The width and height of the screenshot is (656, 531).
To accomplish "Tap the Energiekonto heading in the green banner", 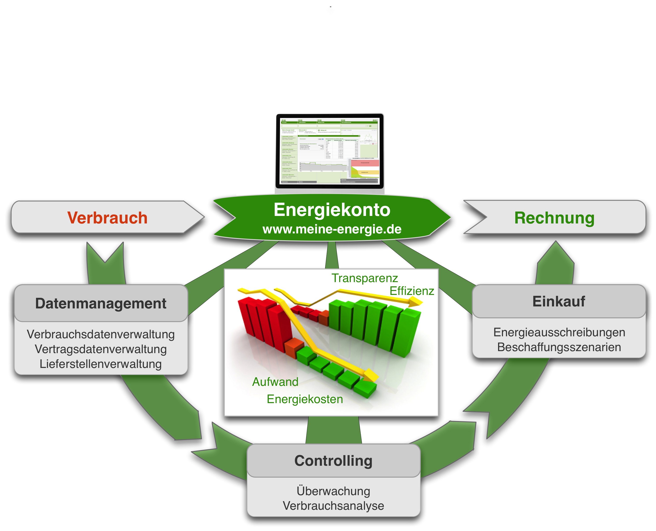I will (332, 210).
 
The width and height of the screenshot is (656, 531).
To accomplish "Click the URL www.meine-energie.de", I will (332, 229).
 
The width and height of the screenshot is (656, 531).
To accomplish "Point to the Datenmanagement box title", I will (100, 303).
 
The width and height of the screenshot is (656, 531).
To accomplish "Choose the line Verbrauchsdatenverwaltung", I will (100, 334).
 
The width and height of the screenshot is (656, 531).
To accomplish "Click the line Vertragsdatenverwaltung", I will (100, 349).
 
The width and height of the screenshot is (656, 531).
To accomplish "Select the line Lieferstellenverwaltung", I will (100, 364).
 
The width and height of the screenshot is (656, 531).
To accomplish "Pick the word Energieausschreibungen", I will (559, 333).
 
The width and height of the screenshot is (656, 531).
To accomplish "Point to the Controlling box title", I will (333, 461).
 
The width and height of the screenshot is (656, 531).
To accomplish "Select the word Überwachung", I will (333, 491).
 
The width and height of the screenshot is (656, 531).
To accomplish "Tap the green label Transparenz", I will (365, 278).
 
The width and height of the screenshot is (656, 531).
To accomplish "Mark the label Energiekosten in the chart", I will (305, 399).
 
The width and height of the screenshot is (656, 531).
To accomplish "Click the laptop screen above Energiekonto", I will (330, 151).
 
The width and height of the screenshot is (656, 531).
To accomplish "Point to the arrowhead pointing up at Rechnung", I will (556, 254).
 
